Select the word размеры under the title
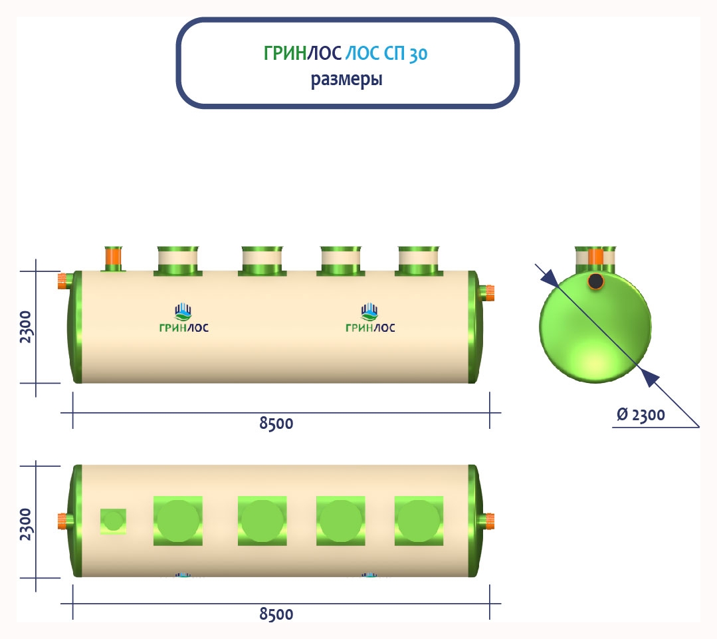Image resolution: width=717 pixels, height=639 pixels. pyautogui.click(x=346, y=80)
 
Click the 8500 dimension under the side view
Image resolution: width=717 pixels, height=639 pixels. pyautogui.click(x=276, y=424)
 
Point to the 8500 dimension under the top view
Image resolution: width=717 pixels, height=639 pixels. pyautogui.click(x=276, y=614)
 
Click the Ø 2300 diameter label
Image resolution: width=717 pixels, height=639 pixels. pyautogui.click(x=641, y=416)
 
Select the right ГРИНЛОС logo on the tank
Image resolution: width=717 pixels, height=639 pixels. pyautogui.click(x=370, y=319)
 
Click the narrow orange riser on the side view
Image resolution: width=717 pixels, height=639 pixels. pyautogui.click(x=114, y=256)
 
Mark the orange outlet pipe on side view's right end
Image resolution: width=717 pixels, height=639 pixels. pyautogui.click(x=488, y=291)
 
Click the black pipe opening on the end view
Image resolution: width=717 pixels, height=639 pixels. pyautogui.click(x=596, y=281)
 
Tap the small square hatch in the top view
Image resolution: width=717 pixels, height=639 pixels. pyautogui.click(x=113, y=521)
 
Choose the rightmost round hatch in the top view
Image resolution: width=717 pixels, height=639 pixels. pyautogui.click(x=419, y=521)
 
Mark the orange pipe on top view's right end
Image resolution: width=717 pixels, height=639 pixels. pyautogui.click(x=488, y=521)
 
